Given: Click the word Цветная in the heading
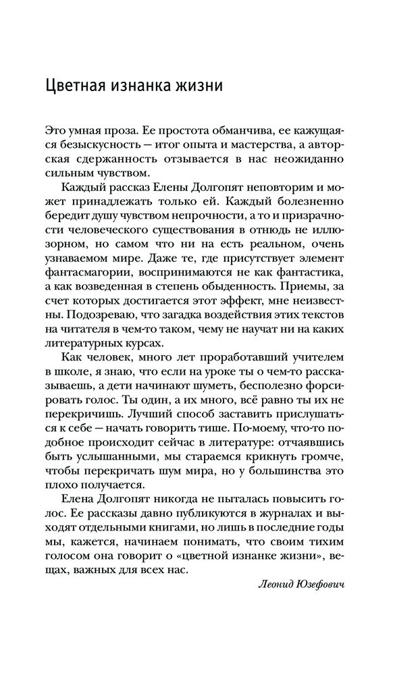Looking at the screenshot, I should click(78, 87).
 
